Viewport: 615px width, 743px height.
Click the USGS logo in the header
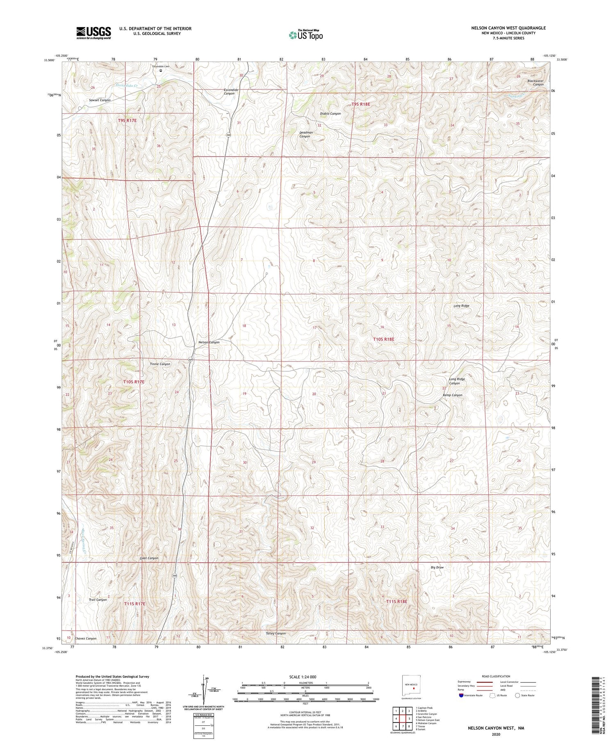click(93, 33)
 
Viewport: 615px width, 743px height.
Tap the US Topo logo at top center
click(305, 35)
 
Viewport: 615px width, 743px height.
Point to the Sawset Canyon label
click(100, 100)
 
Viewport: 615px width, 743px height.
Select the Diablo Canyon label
click(330, 114)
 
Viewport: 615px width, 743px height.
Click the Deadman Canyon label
click(305, 134)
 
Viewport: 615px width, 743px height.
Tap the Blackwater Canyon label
click(535, 83)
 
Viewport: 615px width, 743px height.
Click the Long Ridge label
click(461, 306)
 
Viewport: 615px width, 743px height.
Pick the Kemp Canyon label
click(452, 395)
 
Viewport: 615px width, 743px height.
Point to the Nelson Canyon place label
click(209, 342)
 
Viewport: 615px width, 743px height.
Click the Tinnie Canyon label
click(160, 364)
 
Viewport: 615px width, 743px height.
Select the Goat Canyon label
click(149, 558)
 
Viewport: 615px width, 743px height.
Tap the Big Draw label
click(437, 568)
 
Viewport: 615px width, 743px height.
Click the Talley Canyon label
click(276, 634)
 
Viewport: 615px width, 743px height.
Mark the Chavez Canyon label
click(86, 638)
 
